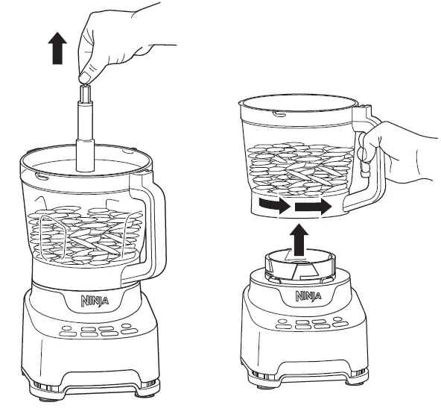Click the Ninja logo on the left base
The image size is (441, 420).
[92, 302]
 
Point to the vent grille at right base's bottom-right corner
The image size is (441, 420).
[361, 369]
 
